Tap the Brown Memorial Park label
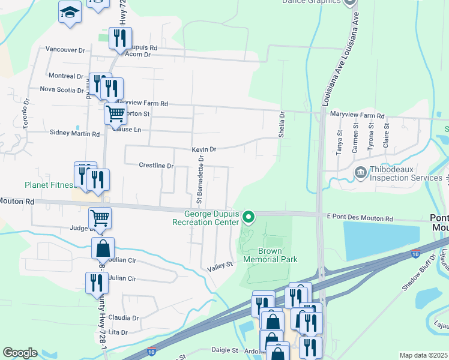pos(270,255)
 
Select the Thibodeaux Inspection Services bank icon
pos(360,173)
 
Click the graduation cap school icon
pos(70,11)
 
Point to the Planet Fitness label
pos(49,185)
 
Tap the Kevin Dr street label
pos(203,149)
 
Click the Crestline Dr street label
pos(156,165)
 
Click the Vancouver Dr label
pos(65,50)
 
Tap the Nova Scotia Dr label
pos(62,89)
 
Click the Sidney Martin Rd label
pos(74,133)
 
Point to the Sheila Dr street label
pos(281,124)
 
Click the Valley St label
pos(220,265)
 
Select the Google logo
pos(20,353)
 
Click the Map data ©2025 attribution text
pos(423,355)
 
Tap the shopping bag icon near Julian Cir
pos(103,248)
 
